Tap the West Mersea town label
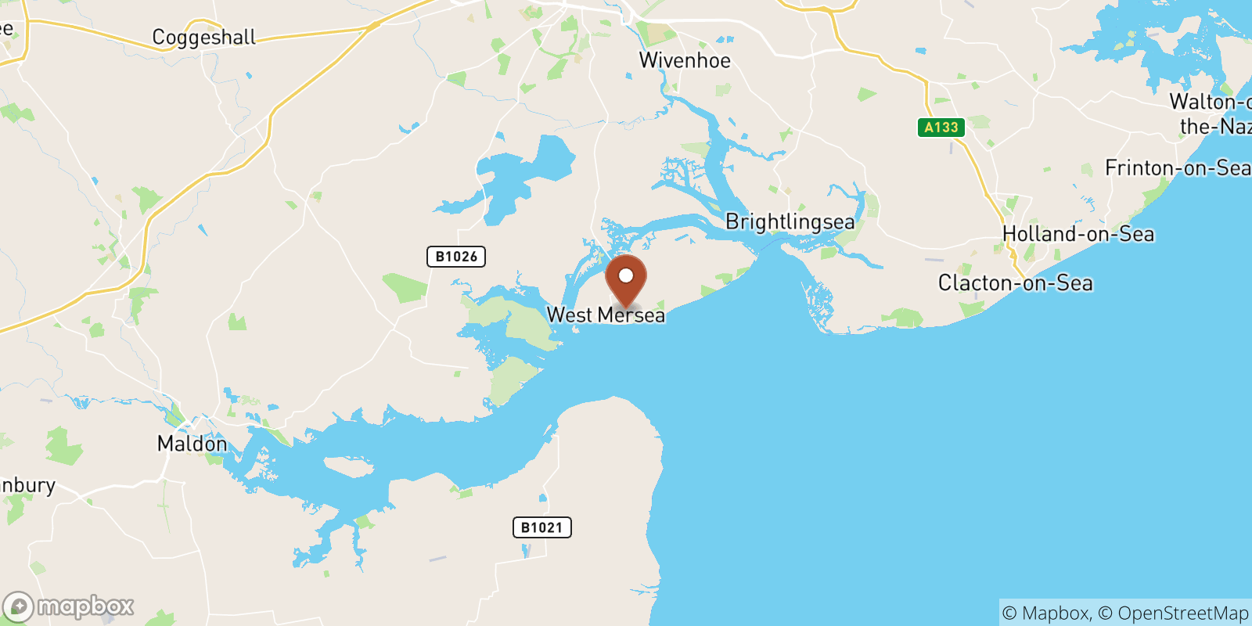click(605, 315)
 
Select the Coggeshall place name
click(203, 37)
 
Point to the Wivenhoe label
click(685, 60)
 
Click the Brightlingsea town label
click(790, 221)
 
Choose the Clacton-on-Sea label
click(1015, 282)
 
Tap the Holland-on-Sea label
click(1078, 233)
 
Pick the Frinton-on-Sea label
click(1177, 167)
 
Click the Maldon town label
click(192, 444)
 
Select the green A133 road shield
click(941, 128)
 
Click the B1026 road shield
click(456, 256)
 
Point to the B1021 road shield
click(541, 527)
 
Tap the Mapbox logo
click(68, 606)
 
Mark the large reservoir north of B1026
click(520, 176)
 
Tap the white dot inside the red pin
click(626, 275)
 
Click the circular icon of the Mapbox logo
click(18, 607)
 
